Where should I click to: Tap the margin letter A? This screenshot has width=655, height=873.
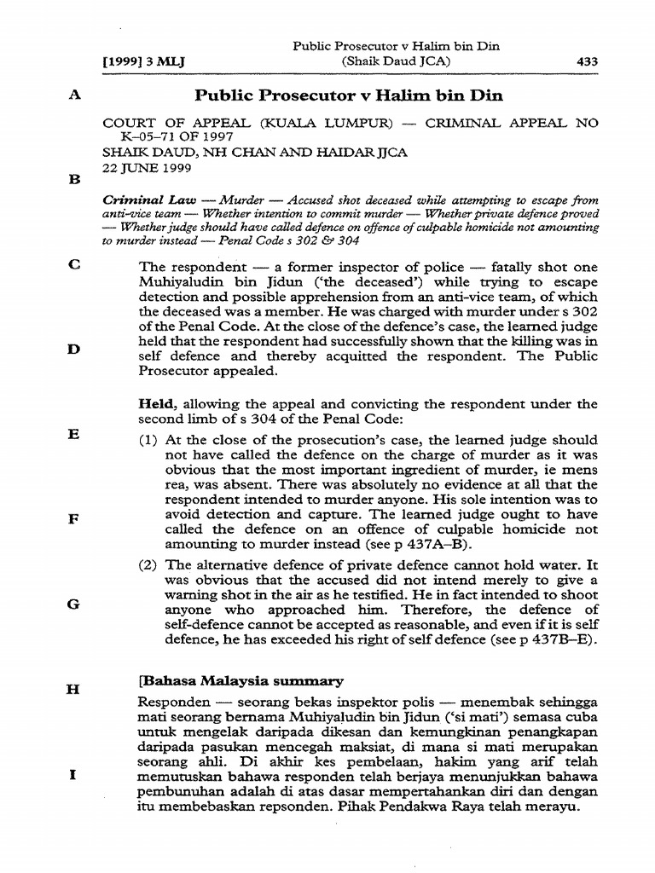tap(74, 96)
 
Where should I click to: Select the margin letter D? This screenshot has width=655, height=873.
tap(74, 348)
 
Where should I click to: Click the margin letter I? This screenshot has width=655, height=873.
tap(74, 775)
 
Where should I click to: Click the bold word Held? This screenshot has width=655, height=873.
tap(155, 403)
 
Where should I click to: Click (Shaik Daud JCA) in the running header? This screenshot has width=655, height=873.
tap(395, 61)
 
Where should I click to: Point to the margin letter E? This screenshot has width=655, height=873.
tap(74, 434)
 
